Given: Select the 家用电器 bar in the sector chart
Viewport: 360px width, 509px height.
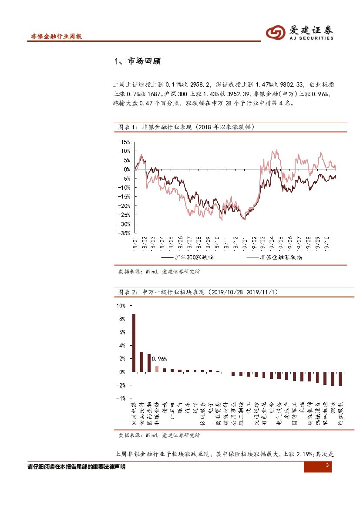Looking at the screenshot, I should pyautogui.click(x=134, y=343).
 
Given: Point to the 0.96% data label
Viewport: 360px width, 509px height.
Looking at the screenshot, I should pyautogui.click(x=159, y=359).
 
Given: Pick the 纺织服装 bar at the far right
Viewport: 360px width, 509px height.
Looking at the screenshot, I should pyautogui.click(x=340, y=379).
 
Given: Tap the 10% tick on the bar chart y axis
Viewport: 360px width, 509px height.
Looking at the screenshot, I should pyautogui.click(x=121, y=306).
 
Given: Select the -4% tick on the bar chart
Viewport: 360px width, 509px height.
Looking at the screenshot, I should pyautogui.click(x=120, y=398).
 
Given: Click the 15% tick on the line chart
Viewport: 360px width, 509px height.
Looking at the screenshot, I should pyautogui.click(x=125, y=142).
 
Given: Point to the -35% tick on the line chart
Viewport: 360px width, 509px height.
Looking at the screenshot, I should pyautogui.click(x=124, y=233).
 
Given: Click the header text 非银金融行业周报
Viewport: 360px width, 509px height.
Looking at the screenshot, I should pyautogui.click(x=57, y=37).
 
